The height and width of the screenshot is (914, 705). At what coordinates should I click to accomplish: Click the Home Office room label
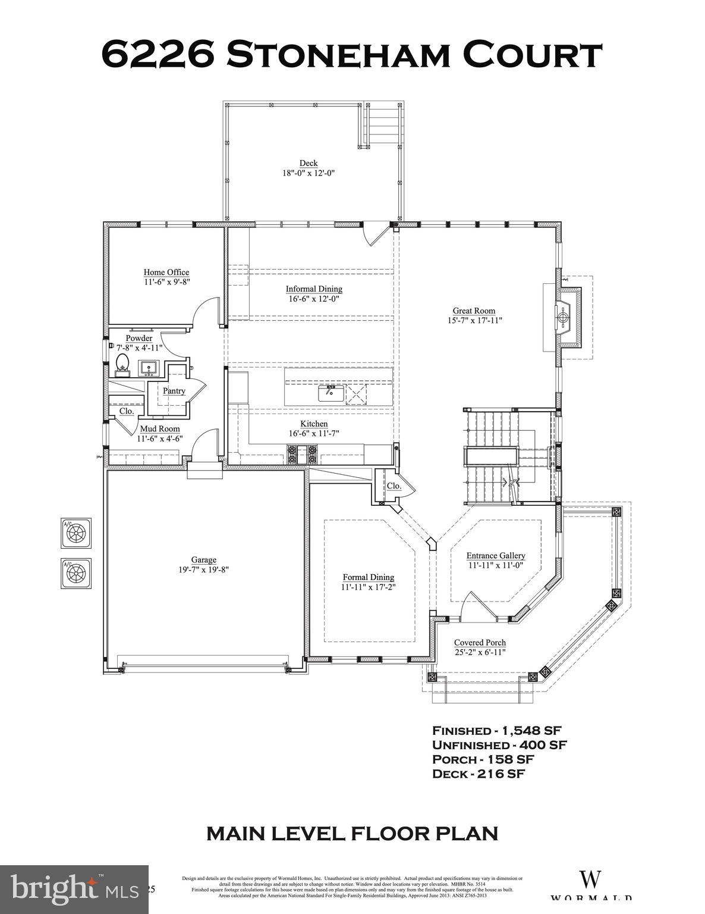166,273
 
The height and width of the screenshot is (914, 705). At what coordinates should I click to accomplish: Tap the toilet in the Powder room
122,364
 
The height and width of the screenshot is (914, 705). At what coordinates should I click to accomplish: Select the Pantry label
174,391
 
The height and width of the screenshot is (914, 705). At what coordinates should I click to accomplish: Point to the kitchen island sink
331,393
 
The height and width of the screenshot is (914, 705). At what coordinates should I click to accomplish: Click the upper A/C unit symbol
76,533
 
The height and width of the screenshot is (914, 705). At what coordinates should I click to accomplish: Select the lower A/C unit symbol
76,573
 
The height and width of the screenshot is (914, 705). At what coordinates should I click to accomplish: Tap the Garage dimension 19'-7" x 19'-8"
203,569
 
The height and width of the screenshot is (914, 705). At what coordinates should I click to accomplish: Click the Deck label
309,163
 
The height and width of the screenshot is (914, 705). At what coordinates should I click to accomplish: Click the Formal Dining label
369,577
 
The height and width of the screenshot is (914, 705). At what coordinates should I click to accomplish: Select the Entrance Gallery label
495,556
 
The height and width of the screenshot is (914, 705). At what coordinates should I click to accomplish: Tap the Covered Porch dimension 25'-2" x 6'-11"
480,653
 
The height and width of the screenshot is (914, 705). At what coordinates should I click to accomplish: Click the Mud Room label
159,428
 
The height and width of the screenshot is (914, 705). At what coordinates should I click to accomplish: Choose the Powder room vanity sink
147,368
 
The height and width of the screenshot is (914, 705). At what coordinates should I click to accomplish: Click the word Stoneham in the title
336,55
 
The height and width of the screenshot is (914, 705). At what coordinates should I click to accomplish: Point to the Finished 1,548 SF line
497,730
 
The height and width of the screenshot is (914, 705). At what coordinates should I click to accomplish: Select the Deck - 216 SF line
479,774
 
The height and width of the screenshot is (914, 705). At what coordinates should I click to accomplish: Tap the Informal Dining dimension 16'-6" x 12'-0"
314,299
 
